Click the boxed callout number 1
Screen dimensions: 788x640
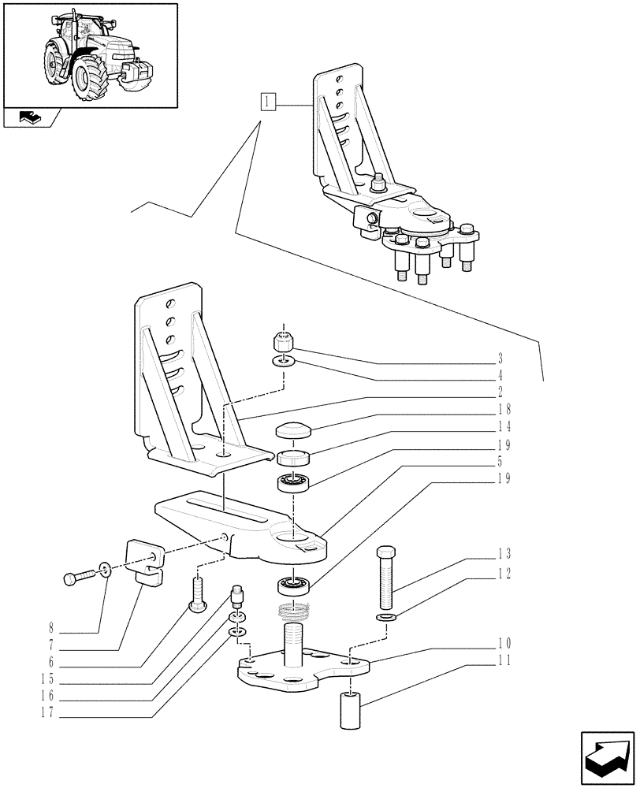269,102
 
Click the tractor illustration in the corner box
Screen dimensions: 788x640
89,54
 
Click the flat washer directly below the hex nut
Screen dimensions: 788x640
284,361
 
